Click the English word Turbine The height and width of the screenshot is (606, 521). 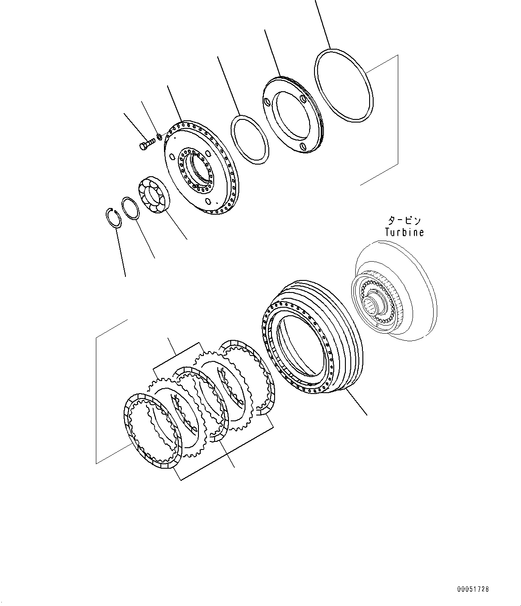(405, 232)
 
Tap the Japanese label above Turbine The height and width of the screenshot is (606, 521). (404, 220)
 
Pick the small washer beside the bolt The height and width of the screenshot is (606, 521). (159, 136)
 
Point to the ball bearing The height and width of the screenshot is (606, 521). (155, 195)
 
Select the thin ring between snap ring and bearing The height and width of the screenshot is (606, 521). (131, 208)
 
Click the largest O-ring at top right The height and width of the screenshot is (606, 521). (344, 85)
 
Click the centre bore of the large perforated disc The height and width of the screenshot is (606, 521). (199, 171)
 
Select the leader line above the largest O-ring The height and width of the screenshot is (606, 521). (323, 24)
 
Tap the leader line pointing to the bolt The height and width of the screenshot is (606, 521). (135, 127)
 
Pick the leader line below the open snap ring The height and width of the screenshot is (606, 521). (121, 252)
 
